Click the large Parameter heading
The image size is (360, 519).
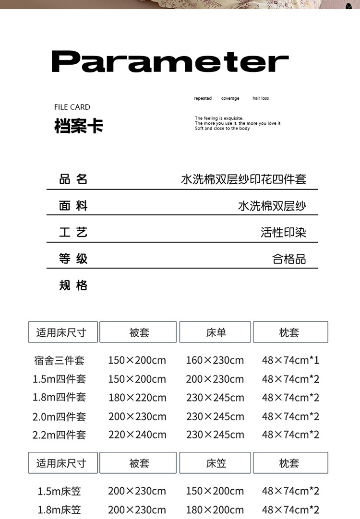[x=170, y=62]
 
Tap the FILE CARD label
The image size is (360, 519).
[x=72, y=107]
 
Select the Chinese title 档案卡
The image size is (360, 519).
[x=79, y=126]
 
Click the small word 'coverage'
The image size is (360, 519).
[x=230, y=98]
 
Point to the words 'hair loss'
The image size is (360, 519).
[x=261, y=98]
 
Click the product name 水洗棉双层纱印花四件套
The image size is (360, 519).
[x=243, y=179]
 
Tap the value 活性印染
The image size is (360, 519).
[x=283, y=233]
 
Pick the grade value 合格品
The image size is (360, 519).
[x=289, y=259]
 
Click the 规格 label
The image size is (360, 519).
[x=73, y=286]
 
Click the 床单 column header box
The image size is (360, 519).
[x=215, y=332]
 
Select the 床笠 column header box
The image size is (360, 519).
[x=215, y=463]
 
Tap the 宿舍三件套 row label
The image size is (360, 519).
[x=60, y=360]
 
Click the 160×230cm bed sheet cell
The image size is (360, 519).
[x=215, y=360]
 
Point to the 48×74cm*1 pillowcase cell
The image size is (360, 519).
[x=290, y=360]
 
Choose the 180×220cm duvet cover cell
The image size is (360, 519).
[x=137, y=398]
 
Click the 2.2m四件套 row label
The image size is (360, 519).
[x=59, y=435]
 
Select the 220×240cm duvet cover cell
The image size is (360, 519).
[x=137, y=435]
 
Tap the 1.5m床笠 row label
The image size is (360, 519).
[x=60, y=491]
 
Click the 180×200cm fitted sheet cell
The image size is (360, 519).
[x=215, y=509]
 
